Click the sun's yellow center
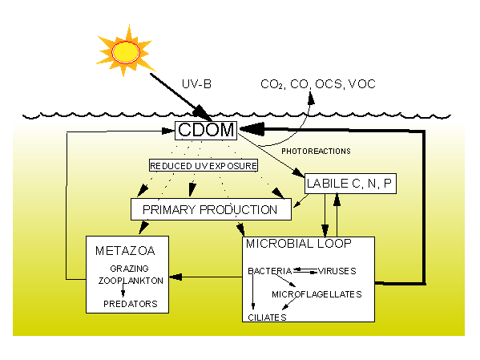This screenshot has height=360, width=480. (126, 52)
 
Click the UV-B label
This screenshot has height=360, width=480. (196, 84)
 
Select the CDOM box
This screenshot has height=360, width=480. (206, 131)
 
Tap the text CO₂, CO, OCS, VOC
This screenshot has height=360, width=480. (318, 84)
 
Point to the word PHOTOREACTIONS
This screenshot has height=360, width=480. (316, 151)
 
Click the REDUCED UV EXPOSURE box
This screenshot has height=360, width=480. (204, 165)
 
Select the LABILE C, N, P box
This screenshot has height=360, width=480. (350, 184)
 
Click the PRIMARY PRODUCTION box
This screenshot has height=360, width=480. (211, 209)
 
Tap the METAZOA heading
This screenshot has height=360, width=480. (125, 251)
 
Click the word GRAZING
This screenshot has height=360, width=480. (129, 269)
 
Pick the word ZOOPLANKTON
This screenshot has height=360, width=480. (131, 281)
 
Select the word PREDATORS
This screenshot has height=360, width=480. (131, 304)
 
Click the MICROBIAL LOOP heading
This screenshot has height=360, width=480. (299, 244)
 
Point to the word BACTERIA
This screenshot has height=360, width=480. (270, 271)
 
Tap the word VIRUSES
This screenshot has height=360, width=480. (337, 271)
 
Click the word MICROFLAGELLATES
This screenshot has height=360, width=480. (317, 294)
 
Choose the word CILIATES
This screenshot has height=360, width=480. (267, 318)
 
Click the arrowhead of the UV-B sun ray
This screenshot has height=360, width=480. (202, 112)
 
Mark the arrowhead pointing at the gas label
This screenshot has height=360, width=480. (311, 98)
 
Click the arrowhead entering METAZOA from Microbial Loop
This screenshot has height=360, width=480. (175, 277)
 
